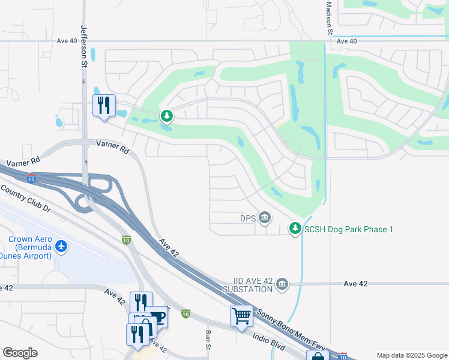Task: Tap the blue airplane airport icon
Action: point(61,246)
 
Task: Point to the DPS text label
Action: point(248,218)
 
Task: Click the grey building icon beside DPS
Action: point(264,218)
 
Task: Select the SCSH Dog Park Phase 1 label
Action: point(349,229)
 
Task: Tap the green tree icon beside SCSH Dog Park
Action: point(295,229)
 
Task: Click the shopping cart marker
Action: point(241,314)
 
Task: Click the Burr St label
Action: point(208,340)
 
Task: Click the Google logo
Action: point(20,353)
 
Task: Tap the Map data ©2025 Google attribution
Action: point(411,355)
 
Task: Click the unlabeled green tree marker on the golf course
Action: point(167,115)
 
